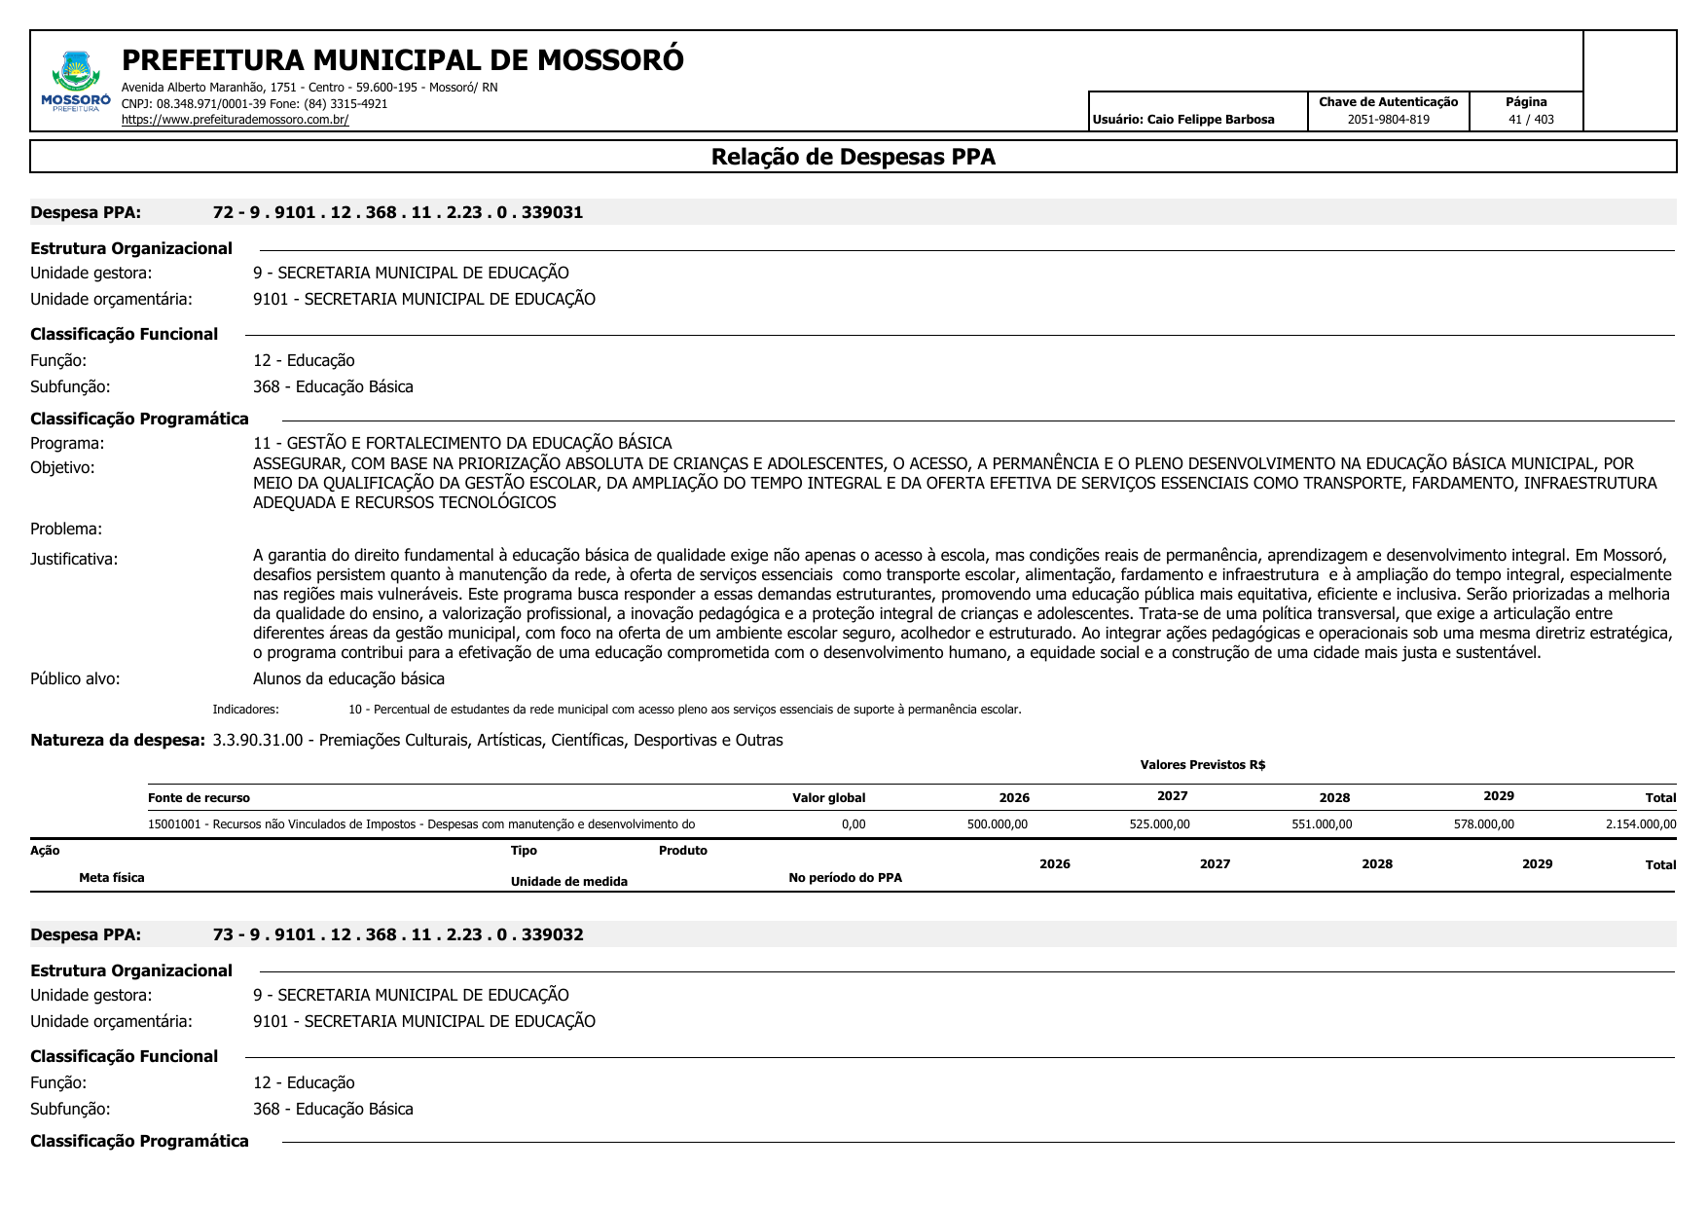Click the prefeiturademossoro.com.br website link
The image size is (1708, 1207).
[235, 120]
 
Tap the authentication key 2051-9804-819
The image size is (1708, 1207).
[1388, 120]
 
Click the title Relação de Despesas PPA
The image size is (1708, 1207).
[853, 157]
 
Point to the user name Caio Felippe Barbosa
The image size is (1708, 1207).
[1210, 120]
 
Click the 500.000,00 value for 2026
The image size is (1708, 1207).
[997, 824]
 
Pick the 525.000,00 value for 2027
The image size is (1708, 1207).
[1159, 824]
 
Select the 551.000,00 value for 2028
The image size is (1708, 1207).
[1322, 824]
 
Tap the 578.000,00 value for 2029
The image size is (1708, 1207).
[1483, 824]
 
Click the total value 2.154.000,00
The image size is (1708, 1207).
[1640, 824]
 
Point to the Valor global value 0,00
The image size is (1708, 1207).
[853, 824]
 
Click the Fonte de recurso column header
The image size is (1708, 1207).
[199, 798]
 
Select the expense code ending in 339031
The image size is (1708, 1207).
[398, 212]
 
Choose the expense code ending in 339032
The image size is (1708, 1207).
[398, 934]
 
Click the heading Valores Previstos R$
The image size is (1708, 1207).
[1202, 765]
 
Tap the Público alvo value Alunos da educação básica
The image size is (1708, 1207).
[348, 678]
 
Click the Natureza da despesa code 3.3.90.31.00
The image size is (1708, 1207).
[257, 740]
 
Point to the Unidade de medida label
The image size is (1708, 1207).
[568, 882]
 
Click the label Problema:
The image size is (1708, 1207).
[66, 530]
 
